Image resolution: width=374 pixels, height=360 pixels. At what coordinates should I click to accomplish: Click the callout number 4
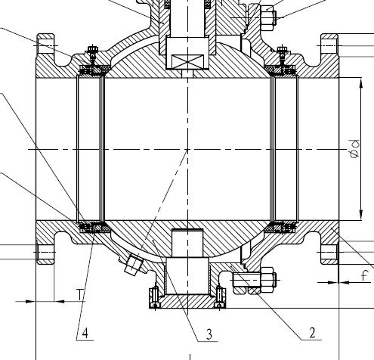[86, 331]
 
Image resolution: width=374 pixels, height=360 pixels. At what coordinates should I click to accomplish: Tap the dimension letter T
[79, 294]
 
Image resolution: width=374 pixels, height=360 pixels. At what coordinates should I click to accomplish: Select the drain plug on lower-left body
[134, 265]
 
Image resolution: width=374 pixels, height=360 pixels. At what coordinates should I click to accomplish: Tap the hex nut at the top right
[269, 14]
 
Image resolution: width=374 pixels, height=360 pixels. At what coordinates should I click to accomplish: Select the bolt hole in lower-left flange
[45, 252]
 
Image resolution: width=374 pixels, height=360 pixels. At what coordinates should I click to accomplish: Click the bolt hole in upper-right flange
[330, 47]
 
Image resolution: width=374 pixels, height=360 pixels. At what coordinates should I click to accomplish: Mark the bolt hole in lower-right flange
[330, 252]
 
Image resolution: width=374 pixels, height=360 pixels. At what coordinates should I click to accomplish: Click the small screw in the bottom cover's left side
[154, 298]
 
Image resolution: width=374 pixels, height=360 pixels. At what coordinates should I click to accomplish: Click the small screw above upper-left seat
[91, 54]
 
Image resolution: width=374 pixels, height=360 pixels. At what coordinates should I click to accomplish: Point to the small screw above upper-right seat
[281, 54]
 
